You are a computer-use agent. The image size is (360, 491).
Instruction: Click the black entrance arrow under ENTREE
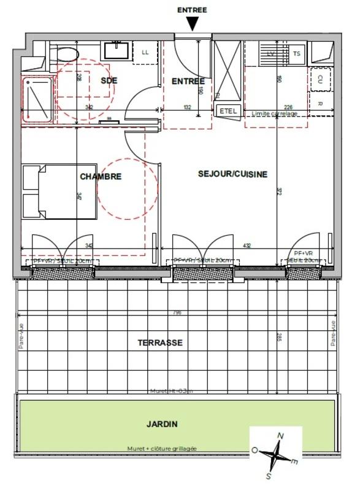pos(193,24)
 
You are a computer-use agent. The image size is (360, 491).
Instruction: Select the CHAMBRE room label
pos(101,176)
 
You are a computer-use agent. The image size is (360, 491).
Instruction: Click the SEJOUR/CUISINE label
pos(232,174)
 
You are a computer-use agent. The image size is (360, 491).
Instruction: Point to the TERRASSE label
pos(160,342)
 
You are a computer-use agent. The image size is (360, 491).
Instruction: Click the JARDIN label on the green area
pos(162,423)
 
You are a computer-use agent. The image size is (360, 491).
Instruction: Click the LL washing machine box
pos(145,52)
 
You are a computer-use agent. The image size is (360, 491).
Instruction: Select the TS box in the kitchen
pos(297,53)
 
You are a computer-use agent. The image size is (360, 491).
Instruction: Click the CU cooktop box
pos(320,79)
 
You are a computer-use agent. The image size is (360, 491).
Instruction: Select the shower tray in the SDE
pos(37,98)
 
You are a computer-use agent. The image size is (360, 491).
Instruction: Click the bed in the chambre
pos(59,191)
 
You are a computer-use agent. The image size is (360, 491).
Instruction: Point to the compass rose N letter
pos(281,436)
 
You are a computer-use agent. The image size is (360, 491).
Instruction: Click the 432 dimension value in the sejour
pos(247,246)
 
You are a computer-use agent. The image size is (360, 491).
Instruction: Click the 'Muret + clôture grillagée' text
pos(163,449)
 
